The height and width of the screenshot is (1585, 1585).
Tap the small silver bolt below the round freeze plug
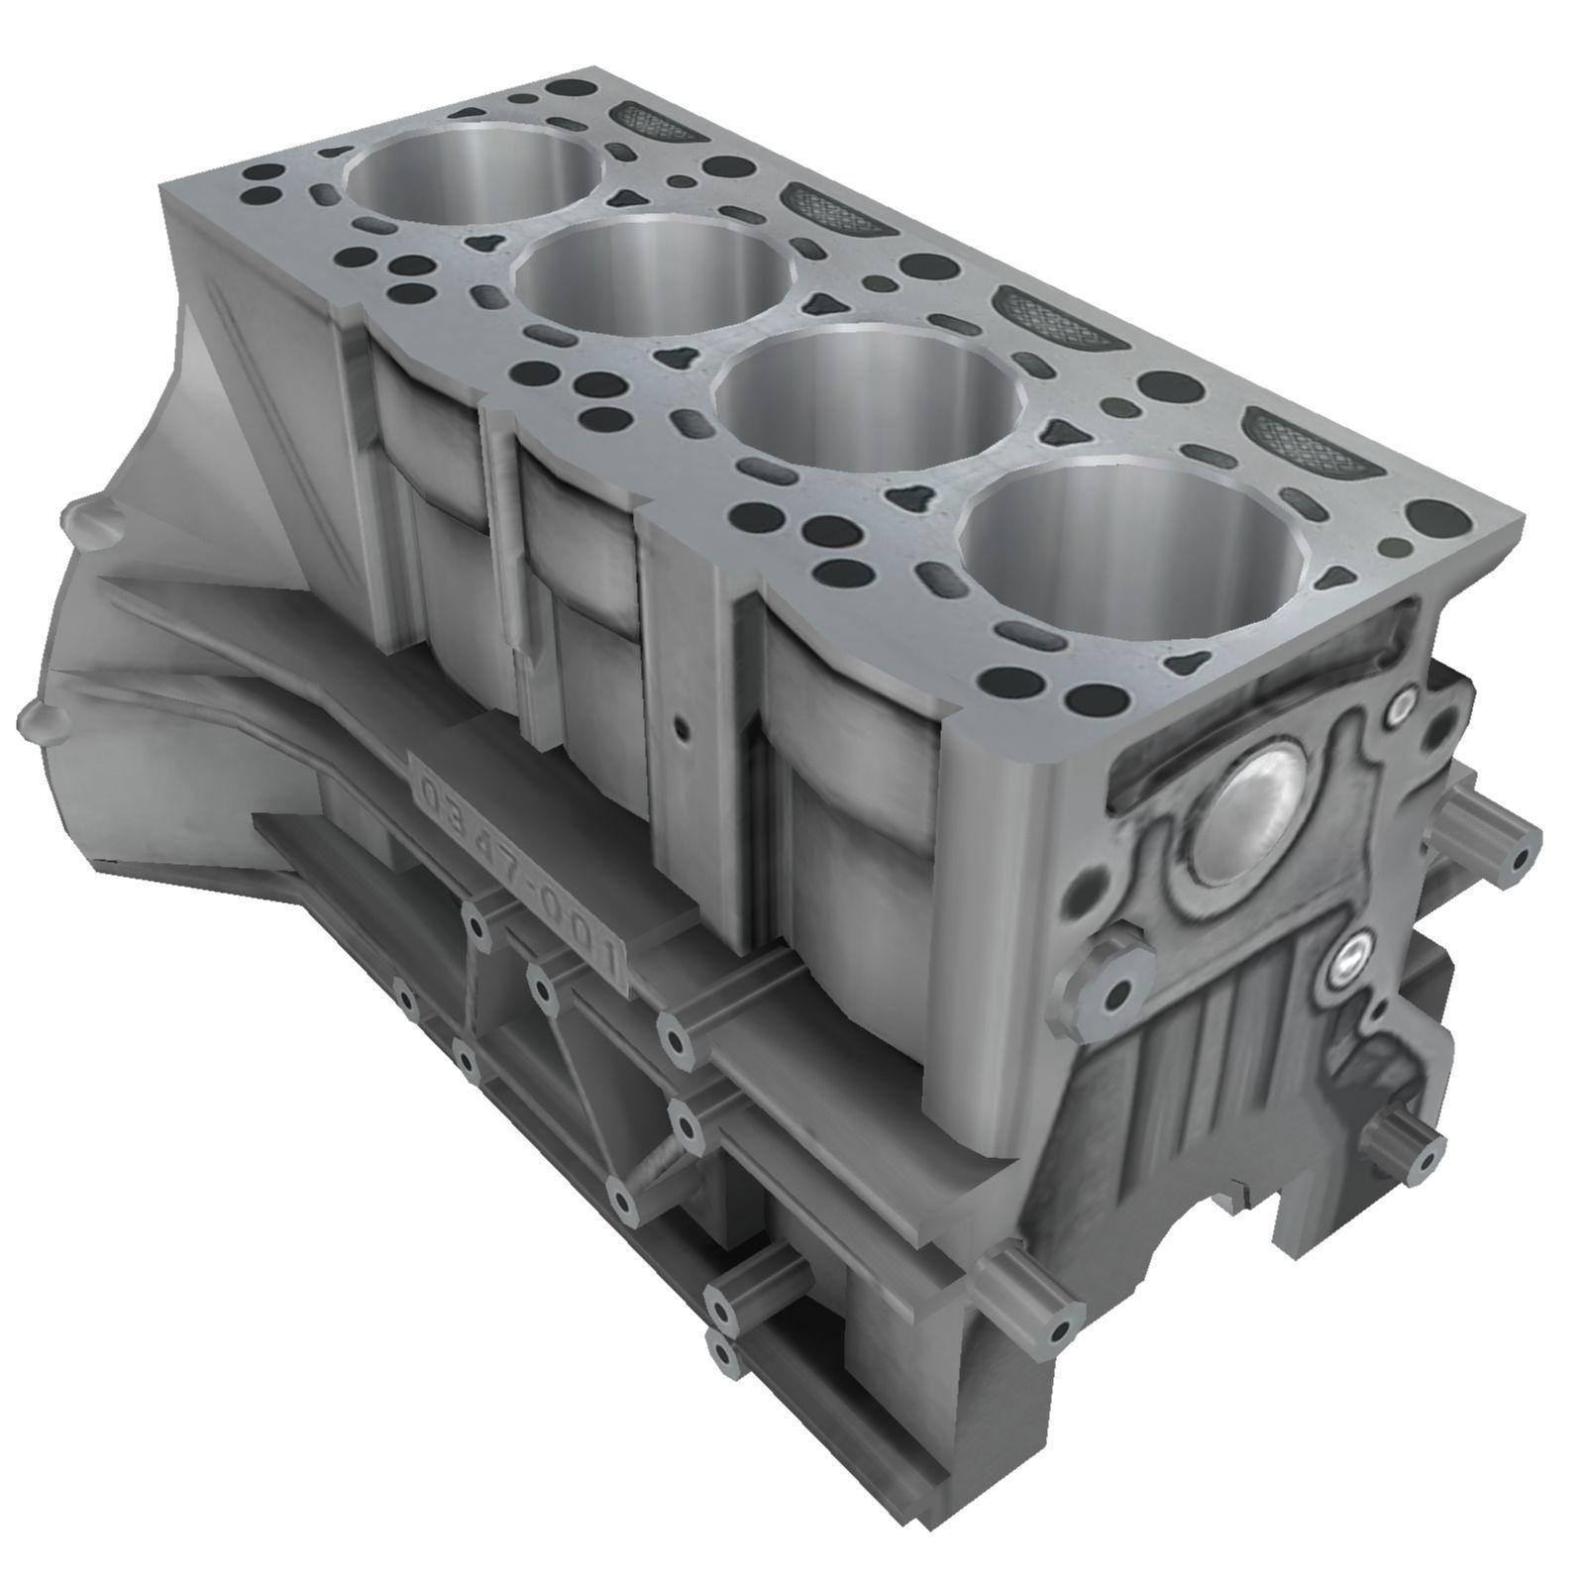1353,956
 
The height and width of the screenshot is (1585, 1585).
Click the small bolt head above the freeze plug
1400,706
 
